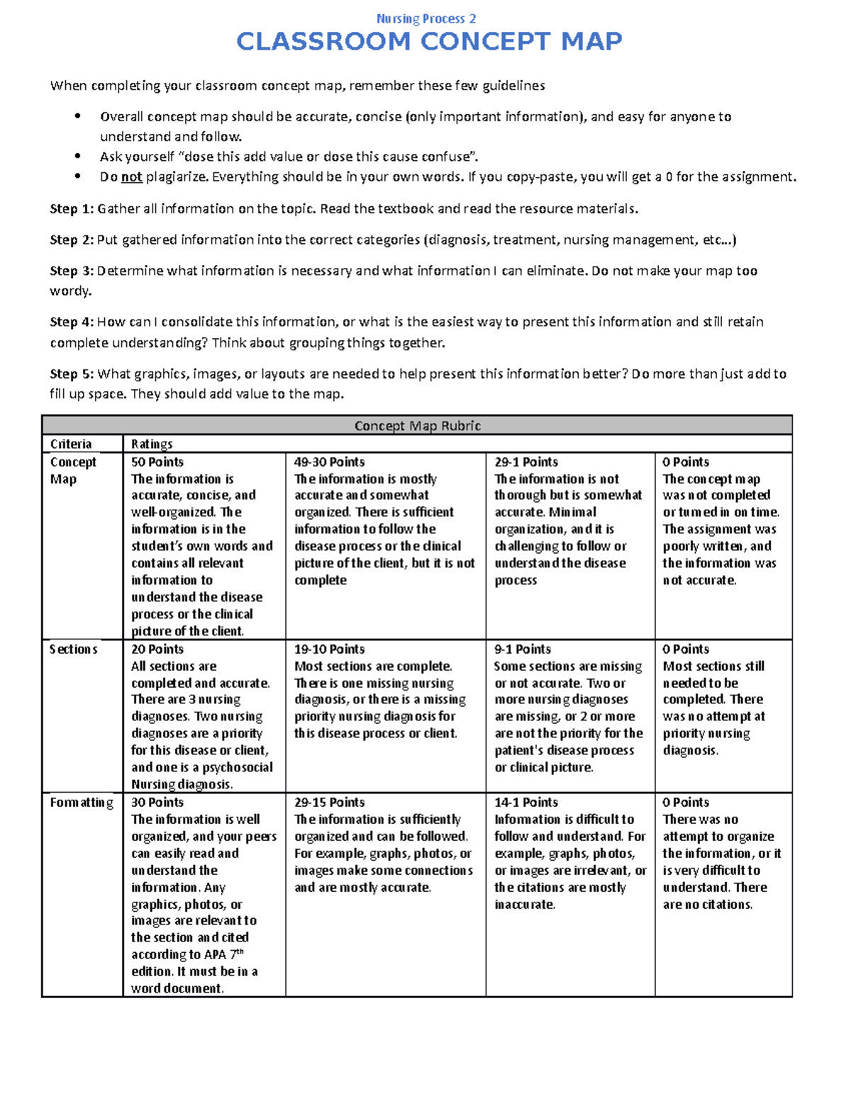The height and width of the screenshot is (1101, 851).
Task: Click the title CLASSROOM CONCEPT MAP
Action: click(x=429, y=42)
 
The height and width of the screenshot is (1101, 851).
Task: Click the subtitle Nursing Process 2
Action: click(x=426, y=18)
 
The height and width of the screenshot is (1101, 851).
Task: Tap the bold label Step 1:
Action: click(x=72, y=208)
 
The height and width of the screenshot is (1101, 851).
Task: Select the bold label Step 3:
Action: click(x=72, y=271)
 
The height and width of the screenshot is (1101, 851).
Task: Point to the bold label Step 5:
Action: click(x=72, y=374)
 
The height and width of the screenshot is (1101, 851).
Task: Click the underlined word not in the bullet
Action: click(x=132, y=177)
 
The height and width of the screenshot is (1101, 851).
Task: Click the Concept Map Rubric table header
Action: click(x=417, y=426)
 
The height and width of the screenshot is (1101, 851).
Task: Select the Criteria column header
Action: click(x=71, y=444)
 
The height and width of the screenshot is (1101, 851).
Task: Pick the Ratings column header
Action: click(x=152, y=444)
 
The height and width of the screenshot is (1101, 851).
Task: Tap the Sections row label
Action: click(x=74, y=649)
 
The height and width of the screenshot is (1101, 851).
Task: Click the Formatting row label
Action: click(x=82, y=803)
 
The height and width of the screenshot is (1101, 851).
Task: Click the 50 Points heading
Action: click(x=157, y=462)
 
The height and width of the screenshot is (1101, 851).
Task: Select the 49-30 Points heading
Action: click(x=330, y=462)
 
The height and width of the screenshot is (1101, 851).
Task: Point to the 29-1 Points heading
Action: click(x=526, y=462)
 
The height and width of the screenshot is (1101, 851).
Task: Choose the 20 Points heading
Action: click(x=157, y=649)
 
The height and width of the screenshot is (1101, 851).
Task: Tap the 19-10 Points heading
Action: click(x=330, y=649)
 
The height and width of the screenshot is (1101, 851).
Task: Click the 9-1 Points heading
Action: click(x=523, y=649)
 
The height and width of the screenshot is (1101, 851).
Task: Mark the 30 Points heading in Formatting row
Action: click(x=157, y=803)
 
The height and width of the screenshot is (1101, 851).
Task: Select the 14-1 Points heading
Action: click(x=526, y=803)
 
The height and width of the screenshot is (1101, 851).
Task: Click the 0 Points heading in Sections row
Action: click(x=686, y=649)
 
